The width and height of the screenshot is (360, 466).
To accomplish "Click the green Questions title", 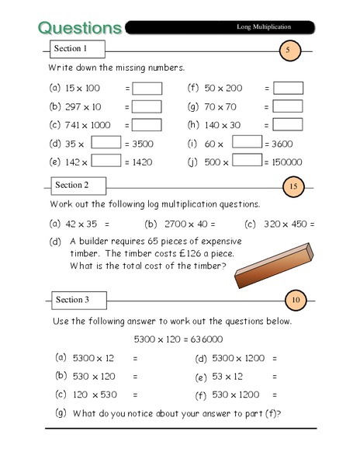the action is [x=79, y=28].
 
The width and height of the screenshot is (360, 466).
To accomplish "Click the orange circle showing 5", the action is [x=288, y=51].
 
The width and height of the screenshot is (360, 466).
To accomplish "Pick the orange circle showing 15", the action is [x=292, y=186].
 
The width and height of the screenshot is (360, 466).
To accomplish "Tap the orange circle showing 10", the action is [x=297, y=301].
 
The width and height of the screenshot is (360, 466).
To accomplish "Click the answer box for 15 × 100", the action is [x=147, y=89].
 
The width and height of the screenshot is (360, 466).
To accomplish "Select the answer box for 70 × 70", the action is [x=288, y=106].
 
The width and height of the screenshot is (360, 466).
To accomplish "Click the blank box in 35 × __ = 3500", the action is [x=106, y=143].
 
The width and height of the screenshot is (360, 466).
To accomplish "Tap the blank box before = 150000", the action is [x=247, y=161].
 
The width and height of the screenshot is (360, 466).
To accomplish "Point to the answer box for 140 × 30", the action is [x=288, y=124].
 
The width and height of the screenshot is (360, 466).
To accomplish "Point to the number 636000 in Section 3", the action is [x=205, y=339].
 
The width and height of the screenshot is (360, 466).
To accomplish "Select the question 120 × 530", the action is [x=95, y=395].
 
